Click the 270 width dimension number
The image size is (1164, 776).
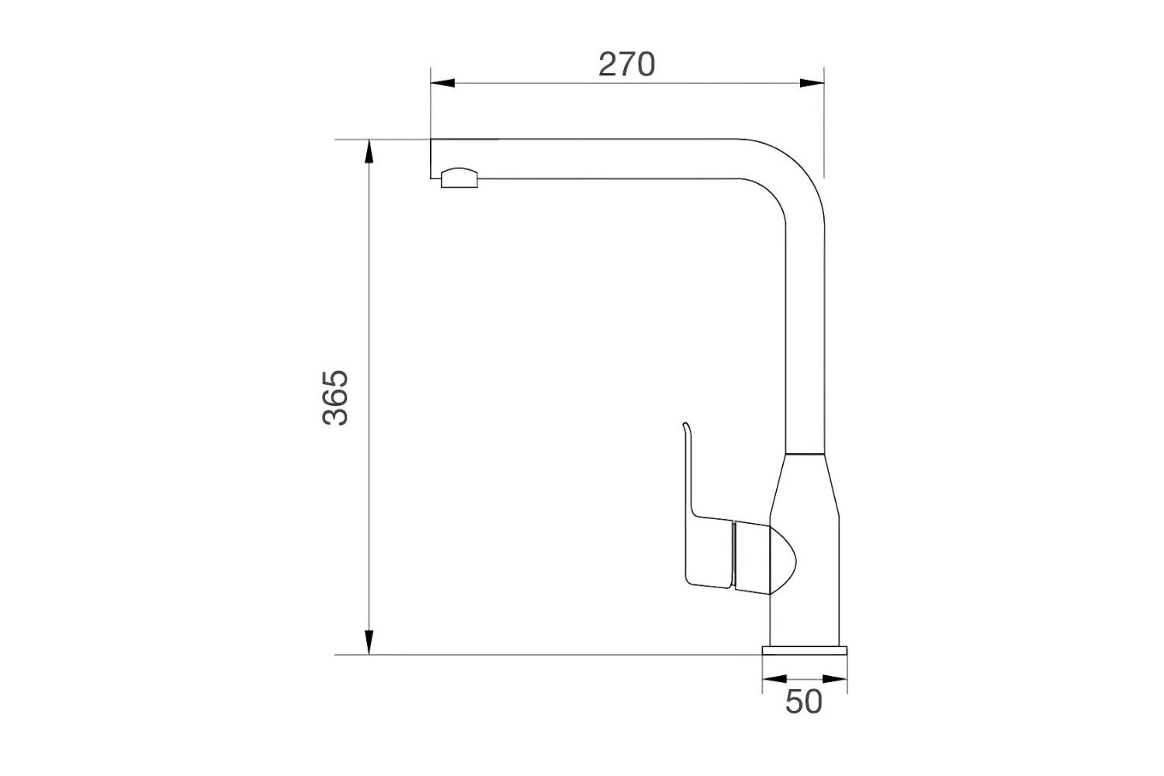click(627, 64)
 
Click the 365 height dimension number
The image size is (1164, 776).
click(336, 398)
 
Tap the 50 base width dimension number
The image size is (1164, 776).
click(803, 702)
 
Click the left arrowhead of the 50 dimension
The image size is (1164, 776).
click(773, 679)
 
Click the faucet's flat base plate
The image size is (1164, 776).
click(805, 650)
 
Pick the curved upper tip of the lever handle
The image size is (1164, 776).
click(685, 428)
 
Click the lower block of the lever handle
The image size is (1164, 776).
click(710, 555)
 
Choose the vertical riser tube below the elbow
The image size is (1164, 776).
click(805, 334)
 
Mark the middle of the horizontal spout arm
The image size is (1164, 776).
click(605, 159)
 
